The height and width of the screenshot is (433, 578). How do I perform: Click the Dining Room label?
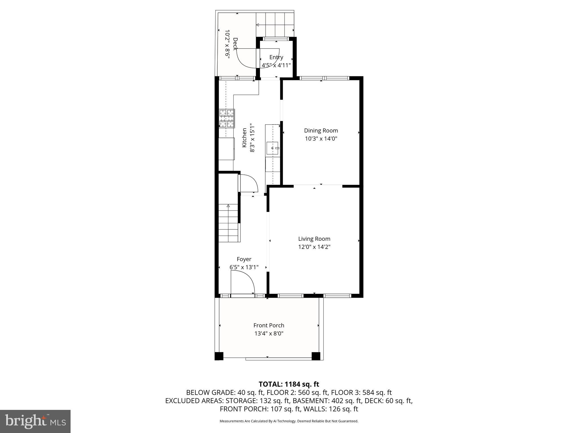point(321,131)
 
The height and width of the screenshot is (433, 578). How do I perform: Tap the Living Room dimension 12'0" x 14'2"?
point(314,247)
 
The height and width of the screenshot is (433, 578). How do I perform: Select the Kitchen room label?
point(244,138)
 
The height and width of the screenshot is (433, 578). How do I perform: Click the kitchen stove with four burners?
point(227,118)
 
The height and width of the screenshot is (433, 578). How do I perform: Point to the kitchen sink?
point(273,148)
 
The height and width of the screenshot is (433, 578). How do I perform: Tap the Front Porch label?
point(269,325)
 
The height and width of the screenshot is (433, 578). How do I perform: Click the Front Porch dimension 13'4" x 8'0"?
point(269,333)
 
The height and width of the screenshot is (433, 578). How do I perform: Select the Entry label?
point(276,57)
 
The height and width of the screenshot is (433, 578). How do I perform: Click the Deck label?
point(235,44)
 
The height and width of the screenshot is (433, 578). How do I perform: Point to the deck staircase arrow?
point(257,25)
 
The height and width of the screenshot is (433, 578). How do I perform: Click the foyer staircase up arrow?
point(228,206)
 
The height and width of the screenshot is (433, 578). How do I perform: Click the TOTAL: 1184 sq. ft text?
point(289,384)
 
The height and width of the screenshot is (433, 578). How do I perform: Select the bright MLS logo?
point(35,421)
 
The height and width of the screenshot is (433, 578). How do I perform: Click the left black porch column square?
point(219,356)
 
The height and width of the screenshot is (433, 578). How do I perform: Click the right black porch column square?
point(316,356)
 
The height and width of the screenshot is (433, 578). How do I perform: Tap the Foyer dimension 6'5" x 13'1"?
point(244,267)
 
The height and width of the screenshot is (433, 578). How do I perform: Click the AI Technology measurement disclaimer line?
point(289,421)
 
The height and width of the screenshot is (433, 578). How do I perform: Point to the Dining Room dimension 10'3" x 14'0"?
point(321,139)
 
